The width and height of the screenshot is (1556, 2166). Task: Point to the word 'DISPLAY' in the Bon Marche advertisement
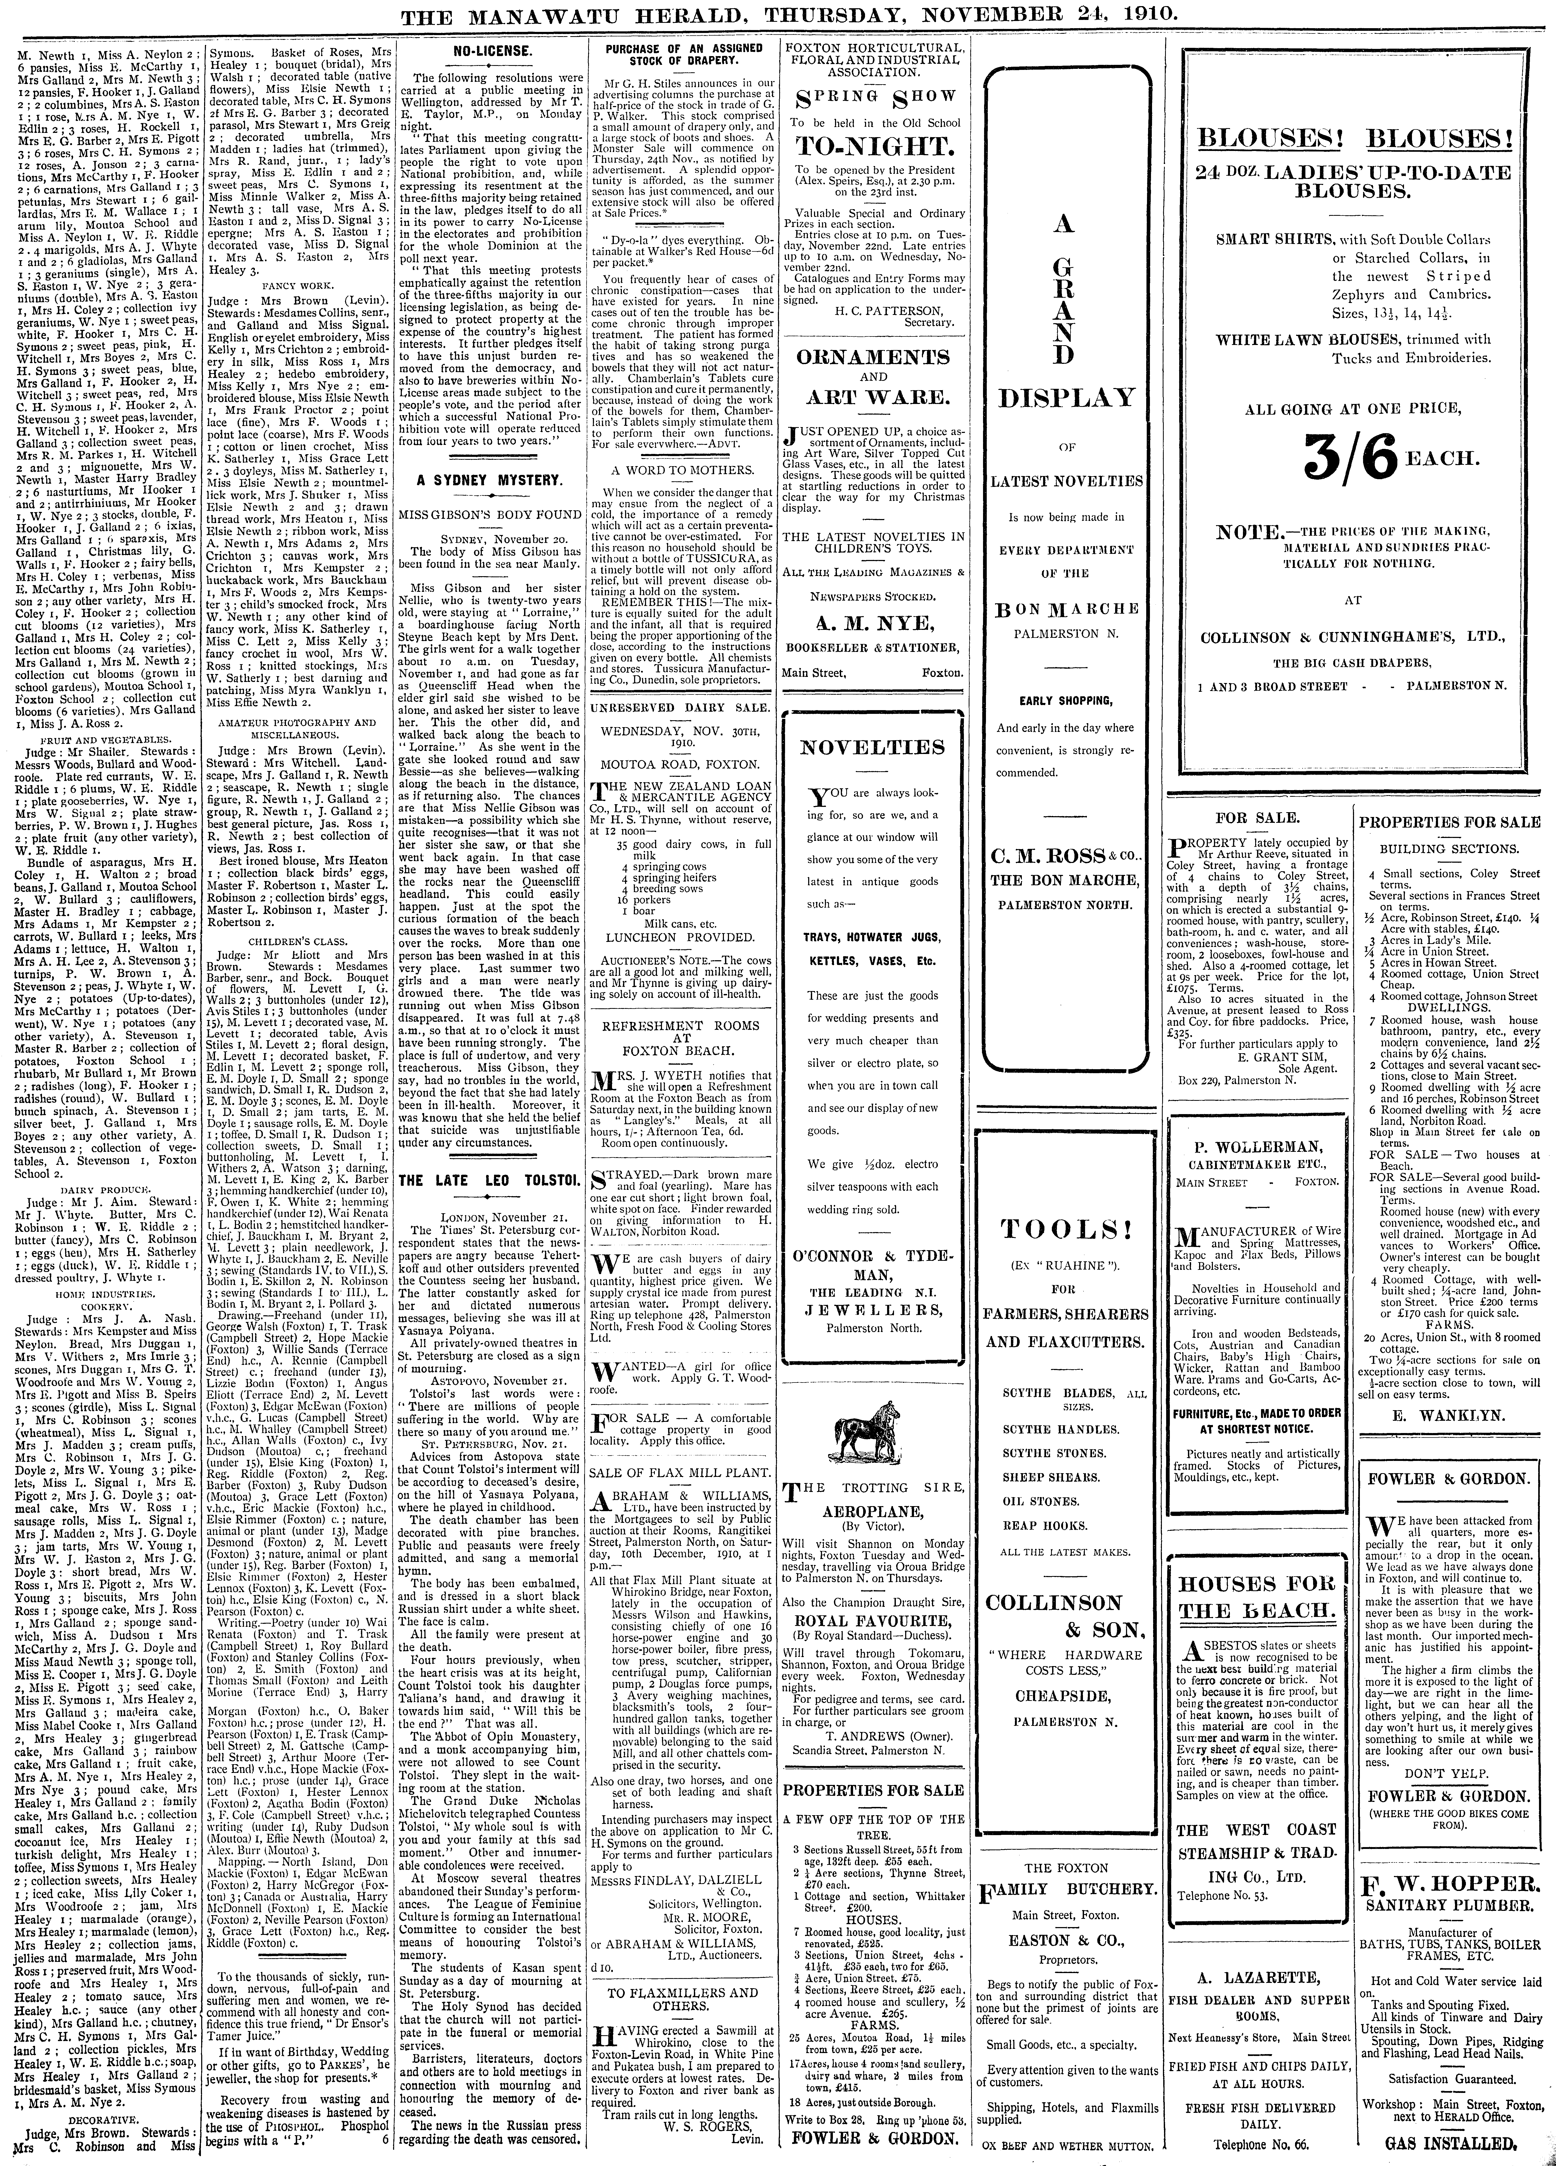pyautogui.click(x=1067, y=397)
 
